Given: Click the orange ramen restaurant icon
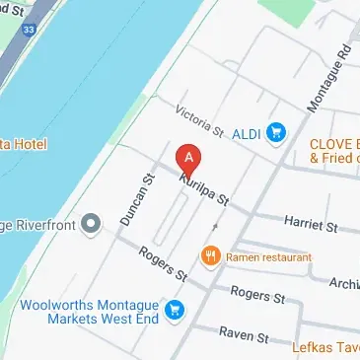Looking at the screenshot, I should (210, 256).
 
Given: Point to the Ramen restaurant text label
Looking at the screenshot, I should (268, 256).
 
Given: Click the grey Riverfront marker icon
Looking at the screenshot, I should (92, 224).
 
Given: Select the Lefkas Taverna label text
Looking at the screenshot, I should (325, 347).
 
